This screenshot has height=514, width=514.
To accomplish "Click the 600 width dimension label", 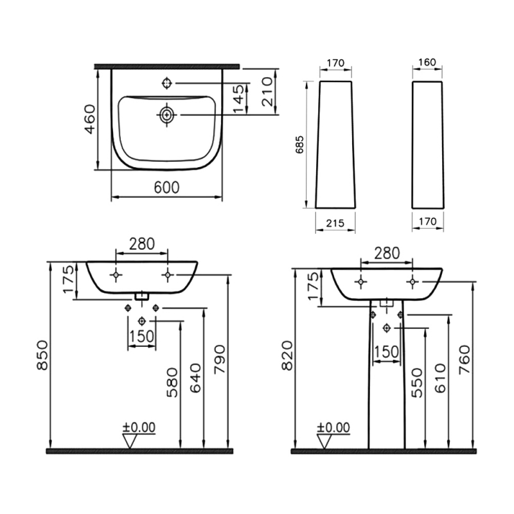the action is click(166, 188).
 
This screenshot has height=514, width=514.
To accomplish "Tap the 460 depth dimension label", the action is click(90, 119).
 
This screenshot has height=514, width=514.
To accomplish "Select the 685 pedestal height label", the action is click(299, 145).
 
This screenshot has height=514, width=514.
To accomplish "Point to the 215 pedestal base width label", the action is click(335, 223).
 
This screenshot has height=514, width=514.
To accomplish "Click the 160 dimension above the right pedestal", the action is click(427, 62).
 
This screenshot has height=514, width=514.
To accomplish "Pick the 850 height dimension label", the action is click(42, 355).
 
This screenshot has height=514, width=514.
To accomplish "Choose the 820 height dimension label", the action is click(287, 356).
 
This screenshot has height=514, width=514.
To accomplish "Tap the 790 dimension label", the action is click(219, 359).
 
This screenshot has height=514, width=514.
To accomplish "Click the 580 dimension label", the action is click(172, 382).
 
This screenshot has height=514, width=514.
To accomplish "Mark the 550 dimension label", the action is click(417, 382).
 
